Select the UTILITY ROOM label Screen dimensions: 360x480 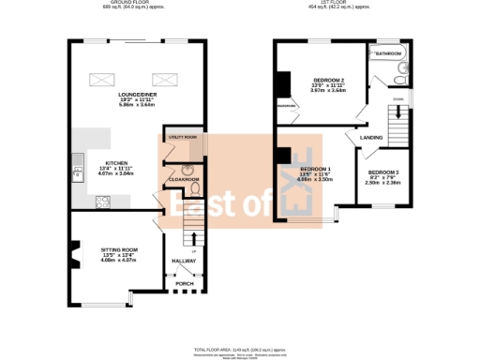182,138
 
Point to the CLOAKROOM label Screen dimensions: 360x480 184,179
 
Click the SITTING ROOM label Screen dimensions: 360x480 119,248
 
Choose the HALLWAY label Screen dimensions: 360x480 183,261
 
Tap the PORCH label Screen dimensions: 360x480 185,282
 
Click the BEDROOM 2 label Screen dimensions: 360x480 329,81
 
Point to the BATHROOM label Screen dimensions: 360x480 388,54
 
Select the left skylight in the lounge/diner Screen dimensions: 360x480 100,79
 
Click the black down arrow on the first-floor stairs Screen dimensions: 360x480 400,112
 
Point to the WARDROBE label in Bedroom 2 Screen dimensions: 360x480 286,106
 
